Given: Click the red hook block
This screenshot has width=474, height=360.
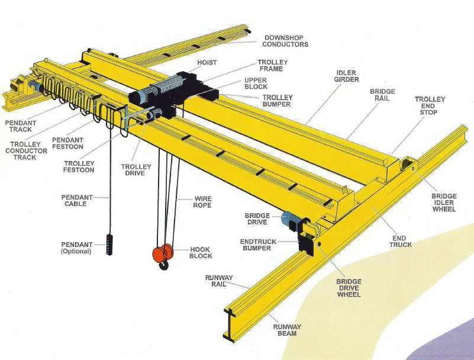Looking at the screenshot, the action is click(x=163, y=253).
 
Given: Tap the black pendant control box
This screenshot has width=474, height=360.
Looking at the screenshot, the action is click(x=109, y=245).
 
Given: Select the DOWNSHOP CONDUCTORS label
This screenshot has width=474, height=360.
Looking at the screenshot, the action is click(x=285, y=41).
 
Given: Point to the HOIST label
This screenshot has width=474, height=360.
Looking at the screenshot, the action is click(x=207, y=63).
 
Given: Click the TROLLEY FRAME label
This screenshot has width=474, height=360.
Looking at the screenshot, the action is click(x=272, y=65).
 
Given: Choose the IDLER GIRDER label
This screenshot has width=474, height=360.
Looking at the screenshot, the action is click(x=346, y=76).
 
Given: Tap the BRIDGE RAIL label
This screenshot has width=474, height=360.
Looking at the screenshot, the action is click(x=382, y=95).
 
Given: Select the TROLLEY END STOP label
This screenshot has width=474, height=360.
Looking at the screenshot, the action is click(x=430, y=105).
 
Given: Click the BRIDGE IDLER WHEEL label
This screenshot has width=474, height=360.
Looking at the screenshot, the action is click(x=444, y=202).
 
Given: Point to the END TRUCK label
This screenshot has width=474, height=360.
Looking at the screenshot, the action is click(x=400, y=242).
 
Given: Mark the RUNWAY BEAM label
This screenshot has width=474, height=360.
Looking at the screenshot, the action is click(x=287, y=330).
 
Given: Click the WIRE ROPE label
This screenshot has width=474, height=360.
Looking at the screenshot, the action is click(x=202, y=202).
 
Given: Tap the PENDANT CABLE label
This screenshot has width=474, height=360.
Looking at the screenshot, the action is click(x=77, y=201).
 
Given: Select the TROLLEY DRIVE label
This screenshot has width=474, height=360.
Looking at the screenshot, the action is click(x=136, y=170).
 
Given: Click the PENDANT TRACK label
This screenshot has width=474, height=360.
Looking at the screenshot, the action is click(x=21, y=126).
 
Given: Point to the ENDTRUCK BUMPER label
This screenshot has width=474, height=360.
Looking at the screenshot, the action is click(x=258, y=245).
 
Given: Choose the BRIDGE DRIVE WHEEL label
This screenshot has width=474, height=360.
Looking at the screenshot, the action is click(x=349, y=288).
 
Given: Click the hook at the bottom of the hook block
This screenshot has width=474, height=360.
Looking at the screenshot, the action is click(x=164, y=265).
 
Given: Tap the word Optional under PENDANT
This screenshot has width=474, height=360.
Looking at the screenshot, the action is click(x=76, y=252).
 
